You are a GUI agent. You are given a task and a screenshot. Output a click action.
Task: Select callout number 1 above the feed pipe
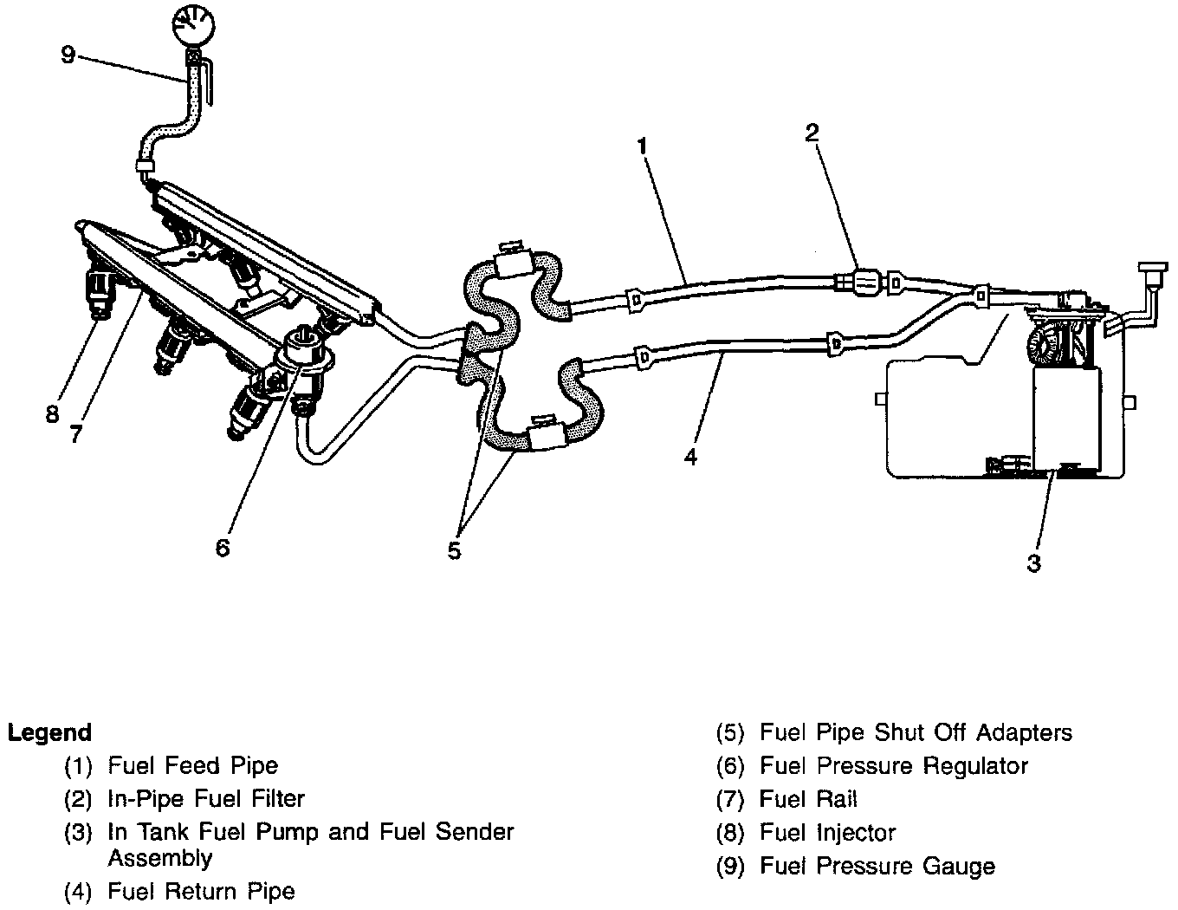(x=642, y=146)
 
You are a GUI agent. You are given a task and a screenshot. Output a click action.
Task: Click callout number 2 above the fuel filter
(x=811, y=132)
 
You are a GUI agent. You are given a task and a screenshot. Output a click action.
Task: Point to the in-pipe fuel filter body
(x=864, y=281)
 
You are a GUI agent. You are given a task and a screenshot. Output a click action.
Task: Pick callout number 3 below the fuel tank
(x=1033, y=562)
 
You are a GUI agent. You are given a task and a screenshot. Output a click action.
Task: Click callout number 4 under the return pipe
(x=689, y=456)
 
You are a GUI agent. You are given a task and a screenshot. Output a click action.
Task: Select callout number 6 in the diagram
(x=223, y=548)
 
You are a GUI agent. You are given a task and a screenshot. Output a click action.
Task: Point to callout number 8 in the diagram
(x=52, y=414)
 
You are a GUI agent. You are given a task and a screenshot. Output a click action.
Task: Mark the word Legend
(x=49, y=733)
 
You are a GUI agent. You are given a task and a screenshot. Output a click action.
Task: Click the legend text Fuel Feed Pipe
(x=193, y=766)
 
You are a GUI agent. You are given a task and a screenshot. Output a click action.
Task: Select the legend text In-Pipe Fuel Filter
(x=206, y=798)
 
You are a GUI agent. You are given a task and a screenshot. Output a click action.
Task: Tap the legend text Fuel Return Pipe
(x=201, y=891)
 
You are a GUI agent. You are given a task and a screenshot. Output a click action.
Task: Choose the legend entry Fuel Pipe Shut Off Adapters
(x=916, y=733)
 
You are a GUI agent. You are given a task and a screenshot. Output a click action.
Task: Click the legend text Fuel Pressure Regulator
(x=894, y=766)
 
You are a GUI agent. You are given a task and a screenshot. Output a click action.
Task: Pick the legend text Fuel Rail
(x=808, y=799)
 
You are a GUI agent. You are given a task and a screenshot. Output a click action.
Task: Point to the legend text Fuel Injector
(x=827, y=833)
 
